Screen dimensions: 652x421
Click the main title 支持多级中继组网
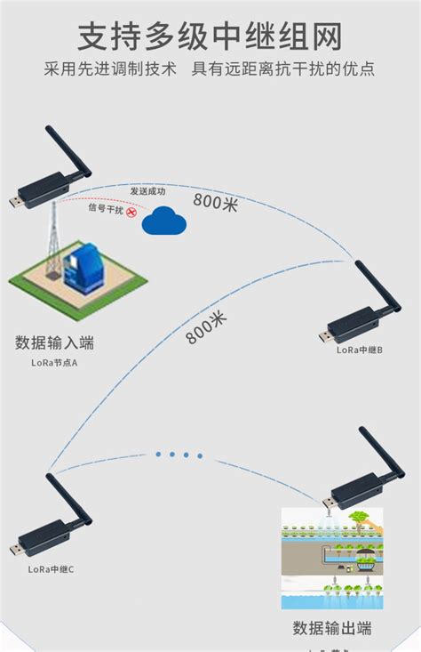pos(210,37)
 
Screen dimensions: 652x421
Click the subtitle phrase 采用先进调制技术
pos(110,69)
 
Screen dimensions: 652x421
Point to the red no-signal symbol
pos(132,213)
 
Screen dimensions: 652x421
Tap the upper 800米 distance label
pos(216,202)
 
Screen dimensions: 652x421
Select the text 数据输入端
pos(54,342)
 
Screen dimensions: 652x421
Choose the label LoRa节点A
pos(53,363)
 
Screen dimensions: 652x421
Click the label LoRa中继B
pos(359,350)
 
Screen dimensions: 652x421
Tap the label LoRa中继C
pos(51,569)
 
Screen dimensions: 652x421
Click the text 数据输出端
pos(332,629)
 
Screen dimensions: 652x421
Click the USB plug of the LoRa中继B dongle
pos(325,336)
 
